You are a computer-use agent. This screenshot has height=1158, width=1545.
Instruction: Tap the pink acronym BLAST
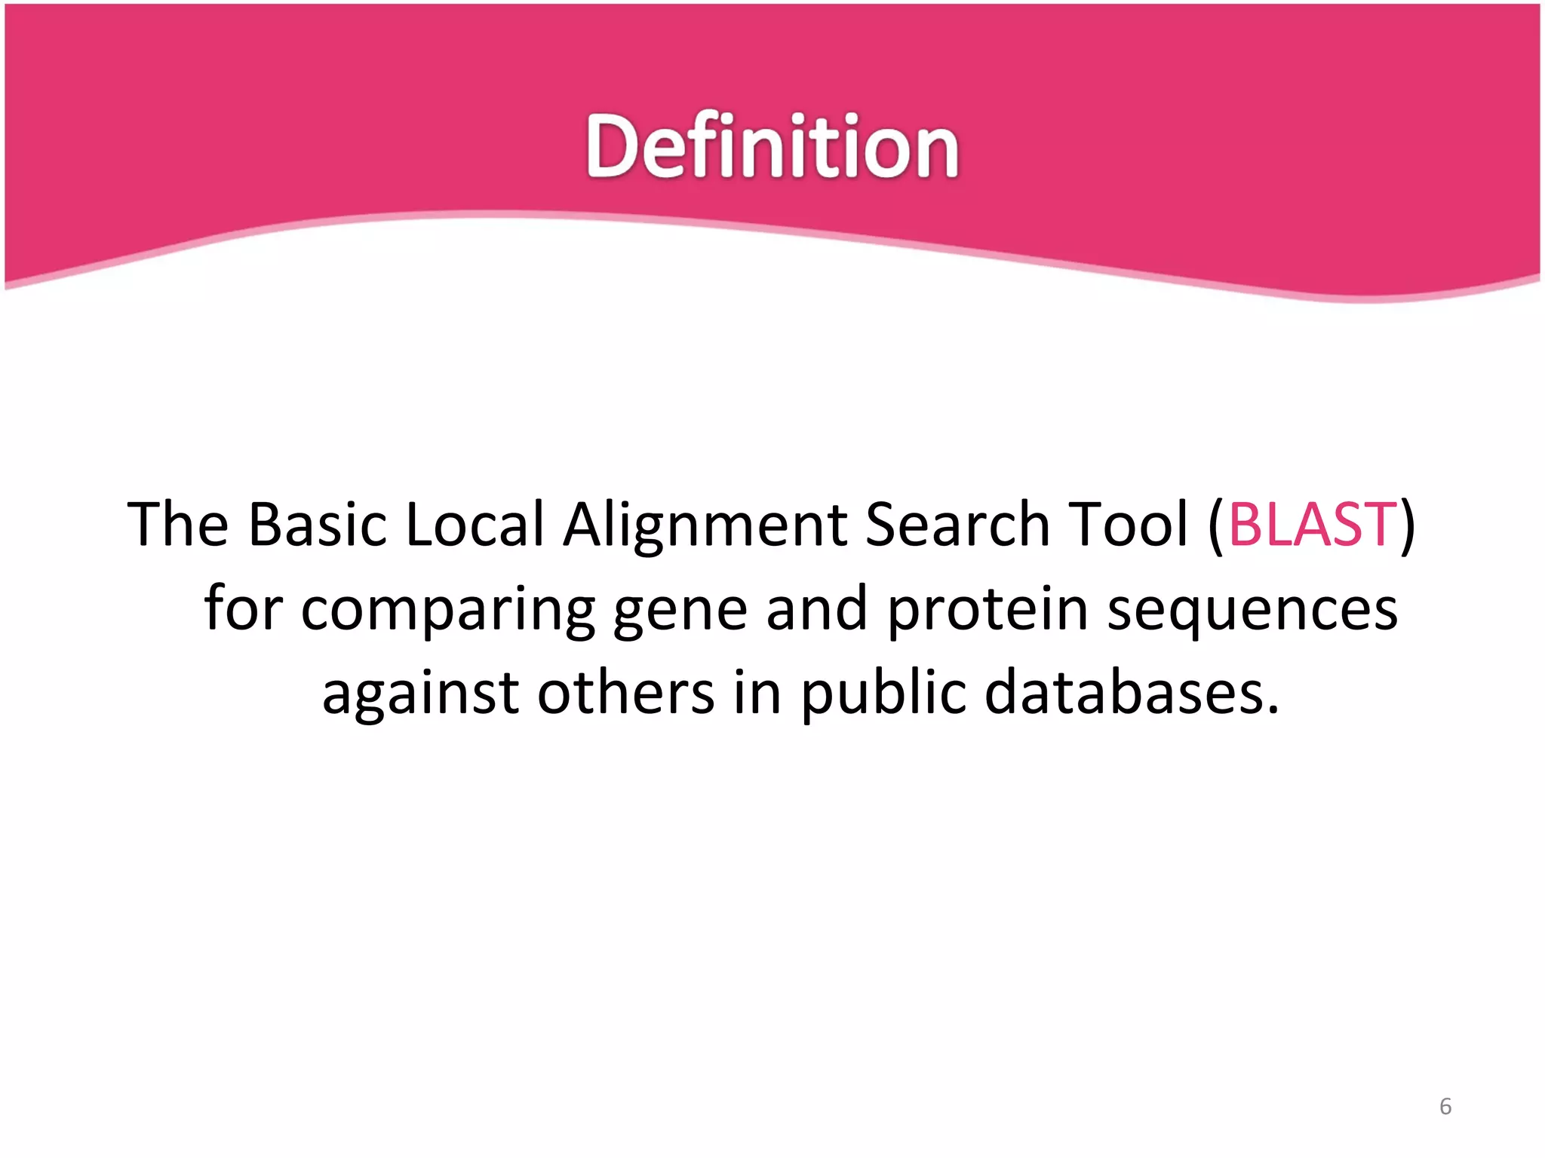click(1313, 524)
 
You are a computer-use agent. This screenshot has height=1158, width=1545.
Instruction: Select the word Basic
click(317, 524)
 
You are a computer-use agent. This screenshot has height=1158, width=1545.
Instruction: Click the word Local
click(475, 524)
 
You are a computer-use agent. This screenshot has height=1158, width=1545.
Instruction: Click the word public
click(883, 694)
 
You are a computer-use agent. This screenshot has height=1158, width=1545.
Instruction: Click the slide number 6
click(1445, 1107)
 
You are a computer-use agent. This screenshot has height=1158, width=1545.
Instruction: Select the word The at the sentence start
click(178, 524)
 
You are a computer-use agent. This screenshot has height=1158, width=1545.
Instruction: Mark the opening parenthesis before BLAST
click(1215, 525)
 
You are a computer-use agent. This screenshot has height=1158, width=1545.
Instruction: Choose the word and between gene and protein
click(816, 609)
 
